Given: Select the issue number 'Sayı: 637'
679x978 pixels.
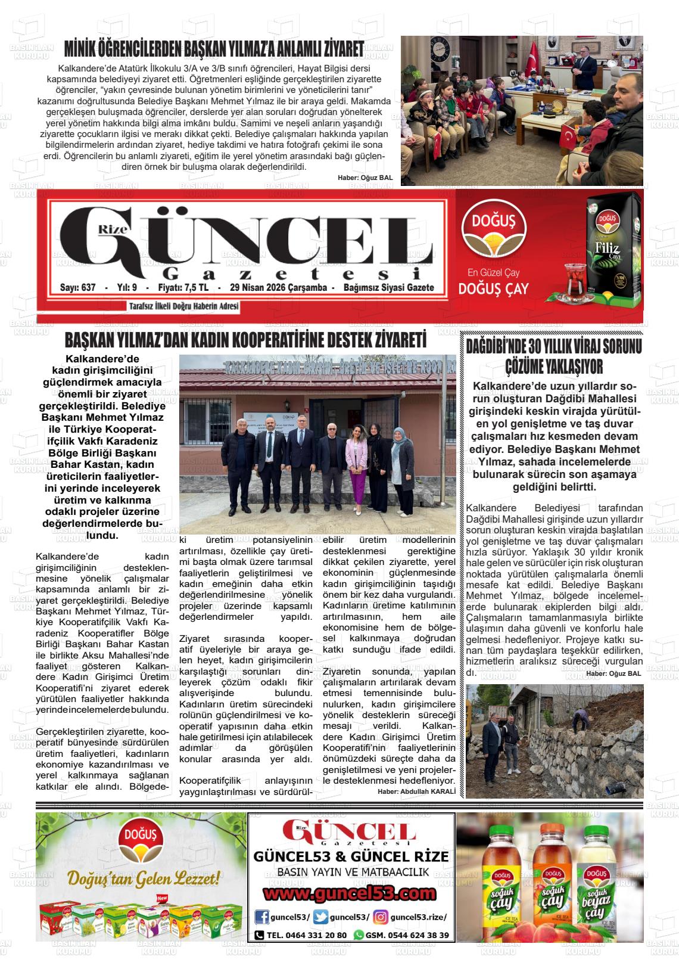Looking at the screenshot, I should tap(78, 288).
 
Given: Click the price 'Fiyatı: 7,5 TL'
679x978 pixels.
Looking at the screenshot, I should tap(183, 288).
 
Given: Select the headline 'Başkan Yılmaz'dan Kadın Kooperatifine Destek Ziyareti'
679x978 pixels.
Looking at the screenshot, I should tap(245, 341).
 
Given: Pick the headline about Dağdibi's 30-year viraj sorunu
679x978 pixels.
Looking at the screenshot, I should tap(553, 356).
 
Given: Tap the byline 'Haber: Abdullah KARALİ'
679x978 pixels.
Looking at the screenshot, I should tap(416, 791).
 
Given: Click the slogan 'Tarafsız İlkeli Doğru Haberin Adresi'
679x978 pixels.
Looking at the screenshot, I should tap(184, 306).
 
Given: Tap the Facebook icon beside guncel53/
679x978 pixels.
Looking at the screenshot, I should tap(261, 917).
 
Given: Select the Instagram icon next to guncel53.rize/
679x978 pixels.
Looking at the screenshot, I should tap(381, 917).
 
